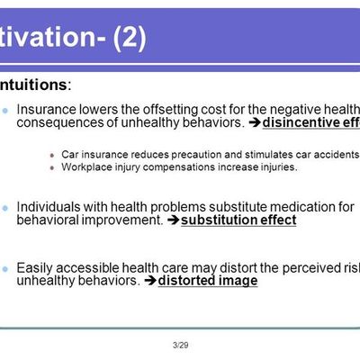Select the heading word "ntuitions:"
pos(37,85)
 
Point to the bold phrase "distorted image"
pos(207,281)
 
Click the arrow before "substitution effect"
pos(173,220)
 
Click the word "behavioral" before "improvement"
pos(49,220)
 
